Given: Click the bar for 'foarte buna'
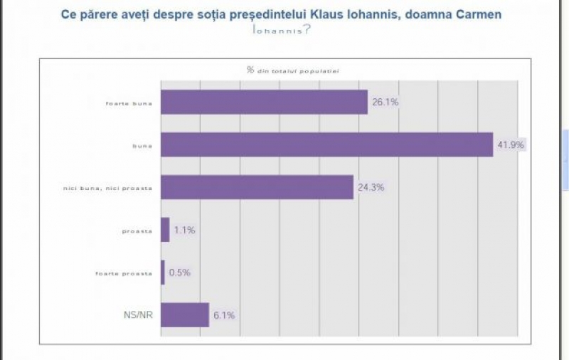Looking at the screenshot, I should click(264, 102).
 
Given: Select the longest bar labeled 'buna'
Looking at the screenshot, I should click(326, 144).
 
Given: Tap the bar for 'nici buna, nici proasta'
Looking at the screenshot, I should click(257, 187).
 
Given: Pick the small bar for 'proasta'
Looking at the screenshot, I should click(165, 230).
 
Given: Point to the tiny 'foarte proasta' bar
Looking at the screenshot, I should click(163, 272).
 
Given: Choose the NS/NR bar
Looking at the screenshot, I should click(185, 314).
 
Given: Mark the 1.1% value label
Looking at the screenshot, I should click(184, 231).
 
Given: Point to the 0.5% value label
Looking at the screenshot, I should click(180, 272).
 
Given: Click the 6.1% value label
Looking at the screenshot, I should click(223, 315).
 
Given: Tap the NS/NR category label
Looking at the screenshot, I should click(137, 315).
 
